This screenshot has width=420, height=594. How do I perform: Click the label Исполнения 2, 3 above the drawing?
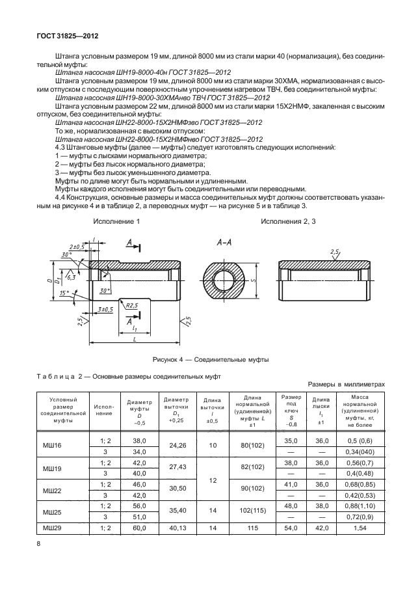[x=288, y=222]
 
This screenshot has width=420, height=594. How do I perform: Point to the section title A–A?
[x=224, y=242]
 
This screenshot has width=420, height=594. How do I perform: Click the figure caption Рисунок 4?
[x=210, y=359]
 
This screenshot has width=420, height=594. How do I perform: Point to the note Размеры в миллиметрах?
[x=350, y=385]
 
